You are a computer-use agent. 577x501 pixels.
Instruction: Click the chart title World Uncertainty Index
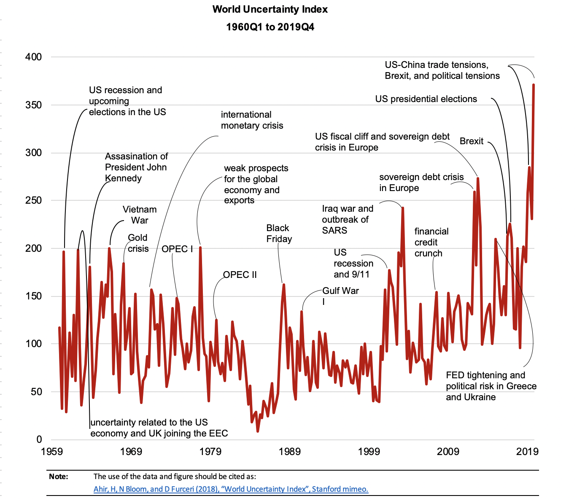[x=270, y=9]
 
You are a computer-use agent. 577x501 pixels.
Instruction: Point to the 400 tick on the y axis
[x=34, y=57]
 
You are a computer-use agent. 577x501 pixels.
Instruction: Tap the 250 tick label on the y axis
[x=34, y=200]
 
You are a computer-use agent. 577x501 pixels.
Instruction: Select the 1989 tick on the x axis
[x=289, y=452]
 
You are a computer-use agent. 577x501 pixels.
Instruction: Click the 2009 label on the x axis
[x=448, y=452]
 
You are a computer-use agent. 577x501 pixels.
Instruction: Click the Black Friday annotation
[x=279, y=233]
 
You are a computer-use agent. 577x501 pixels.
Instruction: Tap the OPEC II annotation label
[x=240, y=275]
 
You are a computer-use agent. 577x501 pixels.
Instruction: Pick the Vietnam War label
[x=140, y=215]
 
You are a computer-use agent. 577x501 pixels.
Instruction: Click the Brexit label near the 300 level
[x=471, y=141]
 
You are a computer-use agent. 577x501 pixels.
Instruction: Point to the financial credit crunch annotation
[x=431, y=242]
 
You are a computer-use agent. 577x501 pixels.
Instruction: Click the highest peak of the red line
[x=534, y=85]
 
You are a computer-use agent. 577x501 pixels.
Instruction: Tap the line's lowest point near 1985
[x=258, y=431]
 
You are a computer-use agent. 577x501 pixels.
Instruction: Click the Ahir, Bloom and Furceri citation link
[x=231, y=489]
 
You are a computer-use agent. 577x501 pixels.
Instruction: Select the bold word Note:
[x=58, y=477]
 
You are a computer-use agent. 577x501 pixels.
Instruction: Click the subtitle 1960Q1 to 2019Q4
[x=270, y=27]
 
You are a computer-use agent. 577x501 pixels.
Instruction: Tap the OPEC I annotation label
[x=177, y=249]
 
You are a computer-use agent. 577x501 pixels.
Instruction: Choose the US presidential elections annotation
[x=426, y=99]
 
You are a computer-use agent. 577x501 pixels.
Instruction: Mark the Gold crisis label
[x=138, y=243]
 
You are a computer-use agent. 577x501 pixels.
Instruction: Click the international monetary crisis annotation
[x=252, y=120]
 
